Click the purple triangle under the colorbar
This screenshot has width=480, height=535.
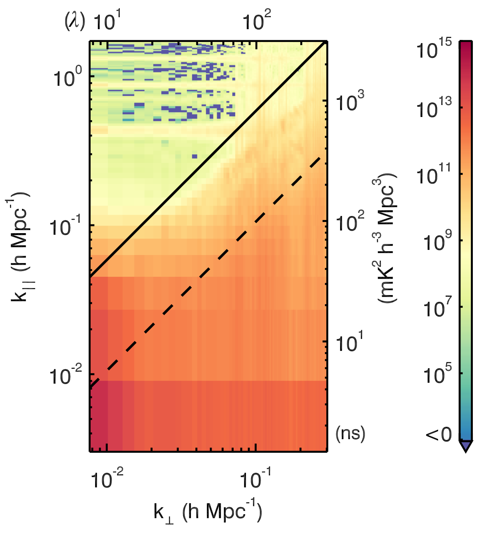tap(466, 446)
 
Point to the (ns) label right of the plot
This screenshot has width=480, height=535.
tap(350, 433)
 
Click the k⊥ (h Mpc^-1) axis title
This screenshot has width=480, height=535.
tap(208, 511)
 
